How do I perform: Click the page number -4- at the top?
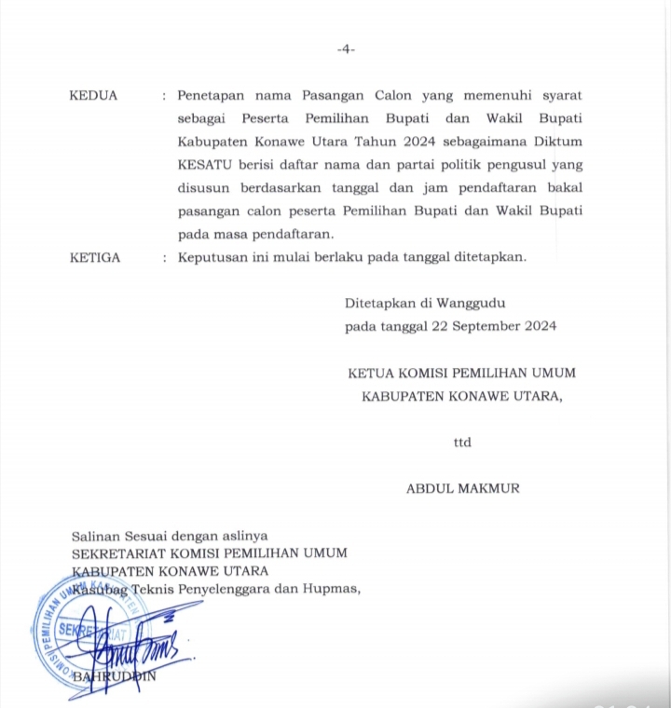coord(346,49)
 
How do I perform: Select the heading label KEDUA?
coord(93,95)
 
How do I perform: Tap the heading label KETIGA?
coord(95,258)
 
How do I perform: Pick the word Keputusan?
coord(212,258)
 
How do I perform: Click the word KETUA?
coord(371,373)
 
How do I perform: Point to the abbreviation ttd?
coord(462,442)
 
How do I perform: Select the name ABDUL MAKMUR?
coord(462,488)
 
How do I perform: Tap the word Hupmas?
coord(332,587)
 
